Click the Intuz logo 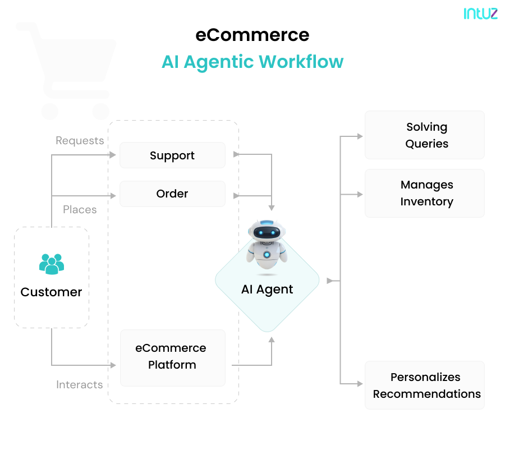click(x=480, y=13)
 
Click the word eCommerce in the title click(x=252, y=35)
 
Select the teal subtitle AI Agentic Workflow click(x=252, y=62)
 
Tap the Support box click(x=172, y=155)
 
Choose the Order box click(x=172, y=194)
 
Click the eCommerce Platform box click(x=172, y=357)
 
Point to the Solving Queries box click(x=425, y=135)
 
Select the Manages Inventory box click(x=425, y=193)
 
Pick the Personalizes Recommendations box click(x=425, y=385)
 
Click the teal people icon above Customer click(x=52, y=264)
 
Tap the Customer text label click(x=51, y=292)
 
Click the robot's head click(x=267, y=232)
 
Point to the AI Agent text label click(x=267, y=290)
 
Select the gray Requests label click(x=80, y=141)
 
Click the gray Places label click(x=80, y=210)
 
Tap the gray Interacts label click(x=80, y=385)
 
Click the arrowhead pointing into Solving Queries click(x=360, y=136)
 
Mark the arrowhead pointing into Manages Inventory click(x=360, y=195)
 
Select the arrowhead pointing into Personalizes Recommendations click(x=360, y=384)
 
